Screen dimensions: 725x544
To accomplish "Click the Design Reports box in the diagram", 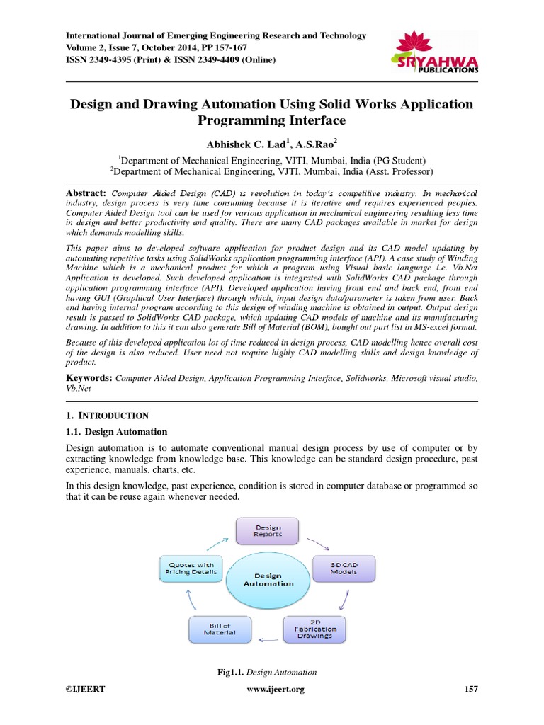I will tap(267, 531).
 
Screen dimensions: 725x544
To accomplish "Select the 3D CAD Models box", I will tap(344, 569).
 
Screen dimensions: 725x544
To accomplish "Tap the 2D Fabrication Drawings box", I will tap(315, 627).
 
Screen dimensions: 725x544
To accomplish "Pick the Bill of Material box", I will tap(219, 627).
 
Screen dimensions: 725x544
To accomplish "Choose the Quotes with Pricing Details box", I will tap(191, 569).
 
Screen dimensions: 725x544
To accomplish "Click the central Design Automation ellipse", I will tap(268, 579).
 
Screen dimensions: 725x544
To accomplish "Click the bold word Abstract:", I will tap(86, 193).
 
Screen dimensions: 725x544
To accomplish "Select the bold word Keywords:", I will tap(89, 379).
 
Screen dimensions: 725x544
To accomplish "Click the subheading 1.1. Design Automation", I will tap(116, 432).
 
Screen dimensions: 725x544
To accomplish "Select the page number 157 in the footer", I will tap(470, 690).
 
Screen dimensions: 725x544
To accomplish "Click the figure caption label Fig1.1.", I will tap(230, 672).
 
